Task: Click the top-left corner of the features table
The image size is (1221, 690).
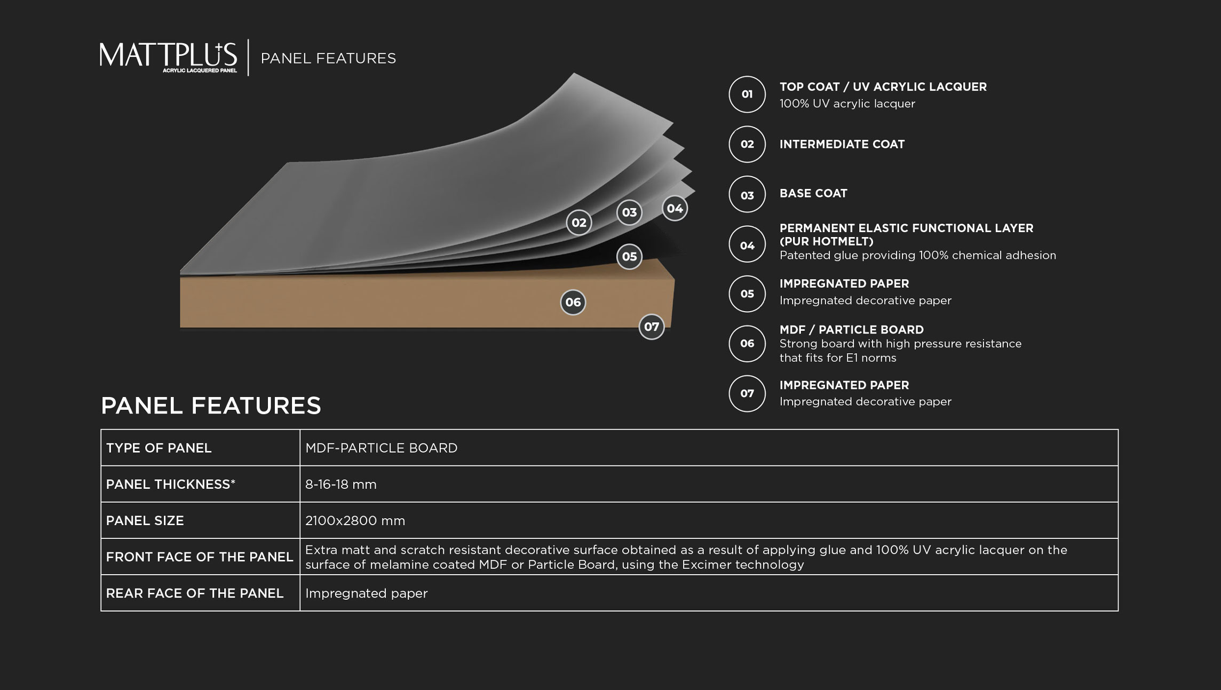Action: [101, 430]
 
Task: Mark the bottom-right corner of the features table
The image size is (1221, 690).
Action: [1118, 611]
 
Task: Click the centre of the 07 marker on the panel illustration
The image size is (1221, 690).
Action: [652, 327]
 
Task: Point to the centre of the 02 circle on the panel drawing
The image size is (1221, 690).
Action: [579, 223]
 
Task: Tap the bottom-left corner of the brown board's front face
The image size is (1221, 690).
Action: [180, 327]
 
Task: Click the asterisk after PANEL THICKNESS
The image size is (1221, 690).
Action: [233, 482]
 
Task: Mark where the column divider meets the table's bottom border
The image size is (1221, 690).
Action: [300, 611]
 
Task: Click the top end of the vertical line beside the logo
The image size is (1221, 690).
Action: [248, 39]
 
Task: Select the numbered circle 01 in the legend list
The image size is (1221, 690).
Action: [747, 94]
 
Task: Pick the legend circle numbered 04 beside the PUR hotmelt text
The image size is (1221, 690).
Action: [747, 244]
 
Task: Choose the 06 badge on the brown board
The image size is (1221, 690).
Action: [573, 302]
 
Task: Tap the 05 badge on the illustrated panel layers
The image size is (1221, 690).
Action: [629, 256]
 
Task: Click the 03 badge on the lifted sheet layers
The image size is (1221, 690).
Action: [629, 212]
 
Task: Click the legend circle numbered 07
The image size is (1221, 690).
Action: [747, 394]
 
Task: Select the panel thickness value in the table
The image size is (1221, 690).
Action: [341, 485]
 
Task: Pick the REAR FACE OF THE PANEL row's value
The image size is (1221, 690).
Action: [367, 593]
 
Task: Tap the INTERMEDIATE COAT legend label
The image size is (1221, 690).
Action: [842, 144]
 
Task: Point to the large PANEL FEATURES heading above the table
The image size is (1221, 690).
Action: [211, 406]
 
